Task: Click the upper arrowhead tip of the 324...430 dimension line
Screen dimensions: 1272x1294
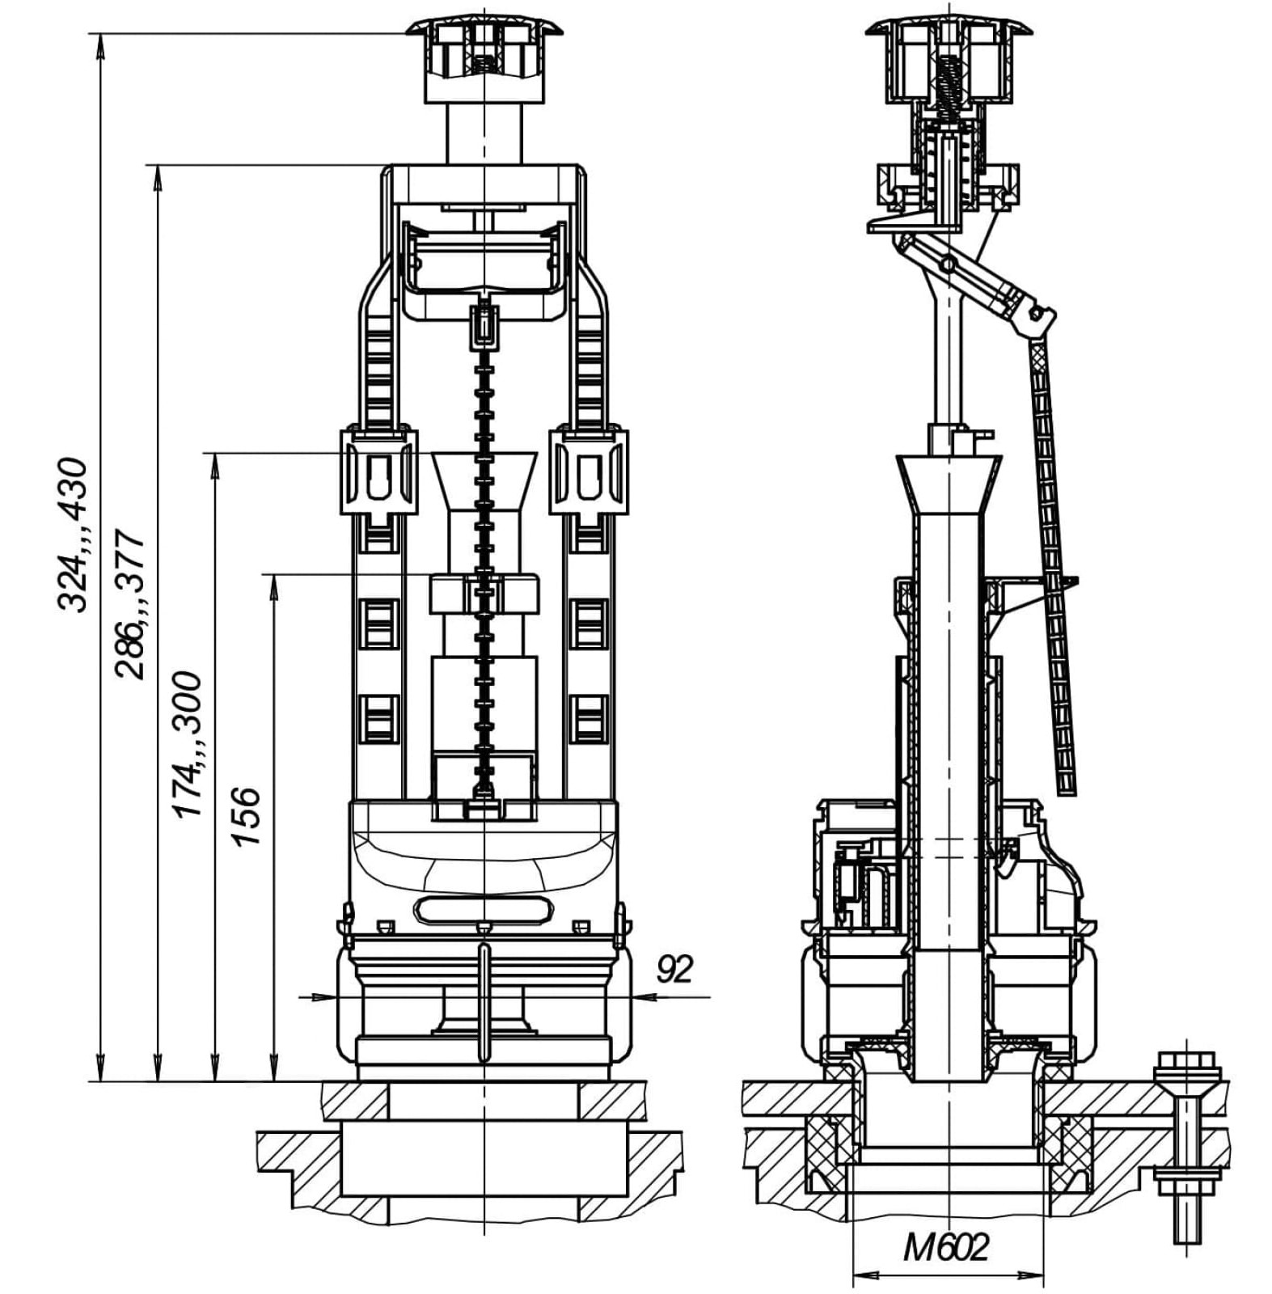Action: point(100,34)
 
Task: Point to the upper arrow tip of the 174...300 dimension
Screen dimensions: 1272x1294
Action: point(215,453)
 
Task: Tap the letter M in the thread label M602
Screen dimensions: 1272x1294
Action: point(917,1248)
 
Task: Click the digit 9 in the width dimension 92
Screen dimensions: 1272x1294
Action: point(666,968)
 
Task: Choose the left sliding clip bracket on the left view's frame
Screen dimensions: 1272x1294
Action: point(378,473)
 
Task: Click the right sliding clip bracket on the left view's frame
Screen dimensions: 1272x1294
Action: point(590,473)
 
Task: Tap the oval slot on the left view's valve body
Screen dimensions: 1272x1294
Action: point(484,909)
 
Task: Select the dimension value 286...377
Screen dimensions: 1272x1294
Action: point(129,604)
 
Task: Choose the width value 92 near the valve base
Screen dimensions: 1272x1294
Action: point(674,968)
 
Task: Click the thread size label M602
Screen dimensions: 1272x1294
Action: point(946,1248)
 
